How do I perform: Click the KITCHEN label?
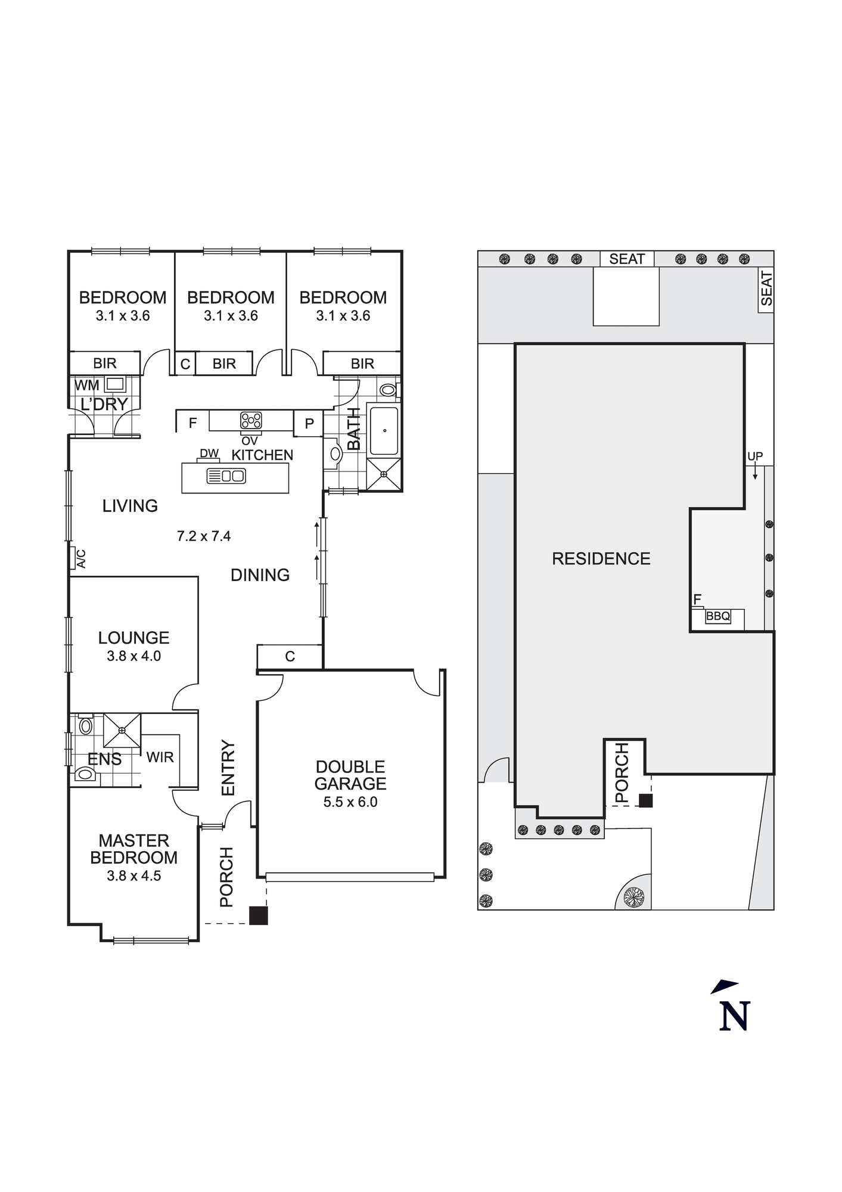[262, 455]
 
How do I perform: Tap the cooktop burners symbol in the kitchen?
[251, 420]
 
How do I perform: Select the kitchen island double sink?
[226, 476]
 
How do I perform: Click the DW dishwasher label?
[209, 454]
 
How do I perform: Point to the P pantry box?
[309, 423]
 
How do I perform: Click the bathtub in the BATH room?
[384, 430]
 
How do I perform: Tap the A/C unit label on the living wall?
[81, 558]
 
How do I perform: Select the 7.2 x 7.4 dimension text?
[204, 536]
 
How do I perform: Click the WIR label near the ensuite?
[160, 757]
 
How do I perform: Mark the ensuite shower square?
[122, 730]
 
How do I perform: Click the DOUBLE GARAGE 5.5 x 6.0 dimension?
[350, 802]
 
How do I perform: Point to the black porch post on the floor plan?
[258, 915]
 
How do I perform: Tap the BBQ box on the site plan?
[718, 616]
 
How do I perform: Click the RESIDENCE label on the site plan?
[601, 558]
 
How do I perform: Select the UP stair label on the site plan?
[755, 457]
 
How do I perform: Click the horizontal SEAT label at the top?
[627, 259]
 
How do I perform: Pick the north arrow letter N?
[734, 1016]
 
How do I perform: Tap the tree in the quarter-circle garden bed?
[633, 896]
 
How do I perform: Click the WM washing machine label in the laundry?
[87, 385]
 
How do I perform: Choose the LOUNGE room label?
[134, 638]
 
